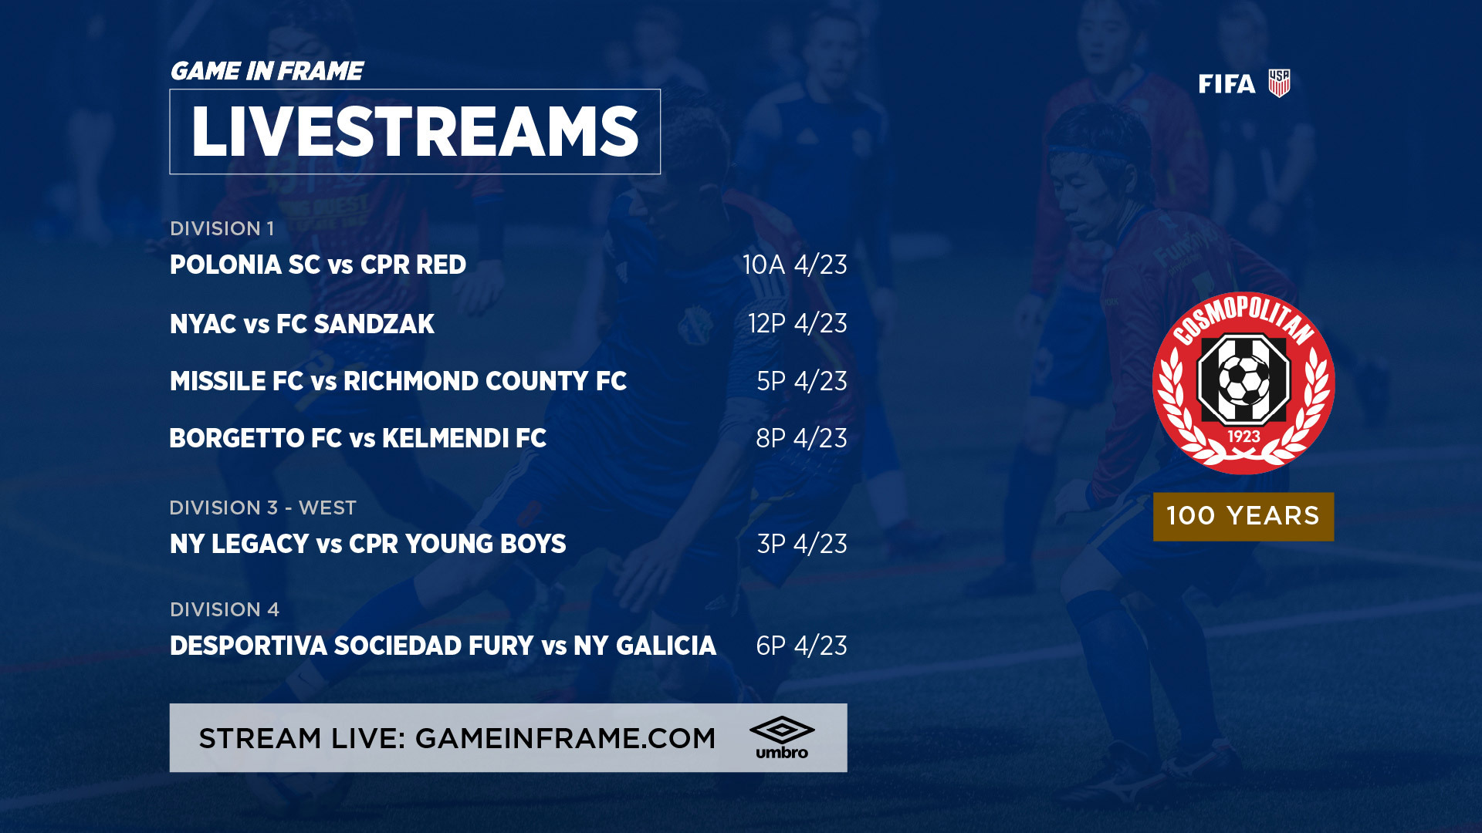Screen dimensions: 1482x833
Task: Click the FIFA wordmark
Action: [x=1227, y=84]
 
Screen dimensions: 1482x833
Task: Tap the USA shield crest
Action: [x=1279, y=83]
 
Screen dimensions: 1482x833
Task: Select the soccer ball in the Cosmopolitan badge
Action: [x=1243, y=379]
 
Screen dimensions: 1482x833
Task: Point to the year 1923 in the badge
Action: [x=1243, y=437]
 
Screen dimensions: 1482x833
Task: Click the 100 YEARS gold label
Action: [x=1243, y=516]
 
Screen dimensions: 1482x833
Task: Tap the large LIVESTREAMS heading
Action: [x=415, y=132]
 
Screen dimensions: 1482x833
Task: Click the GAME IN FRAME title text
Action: [x=266, y=71]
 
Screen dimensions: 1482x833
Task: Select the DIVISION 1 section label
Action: [x=222, y=228]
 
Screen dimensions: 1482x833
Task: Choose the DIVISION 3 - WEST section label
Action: [x=263, y=508]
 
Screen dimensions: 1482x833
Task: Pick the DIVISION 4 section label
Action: [x=225, y=609]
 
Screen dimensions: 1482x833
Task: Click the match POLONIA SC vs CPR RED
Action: [x=318, y=265]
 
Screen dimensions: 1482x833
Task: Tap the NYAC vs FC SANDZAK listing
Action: [x=302, y=324]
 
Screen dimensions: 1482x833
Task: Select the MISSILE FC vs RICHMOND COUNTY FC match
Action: [x=398, y=381]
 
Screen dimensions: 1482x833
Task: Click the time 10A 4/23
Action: [x=795, y=265]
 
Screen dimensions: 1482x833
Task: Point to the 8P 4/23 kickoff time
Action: [x=801, y=438]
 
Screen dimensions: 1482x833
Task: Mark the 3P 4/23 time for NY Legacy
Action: [x=802, y=544]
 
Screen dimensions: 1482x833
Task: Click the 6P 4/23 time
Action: [x=801, y=646]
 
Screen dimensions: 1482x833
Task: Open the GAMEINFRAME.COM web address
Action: [x=566, y=738]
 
